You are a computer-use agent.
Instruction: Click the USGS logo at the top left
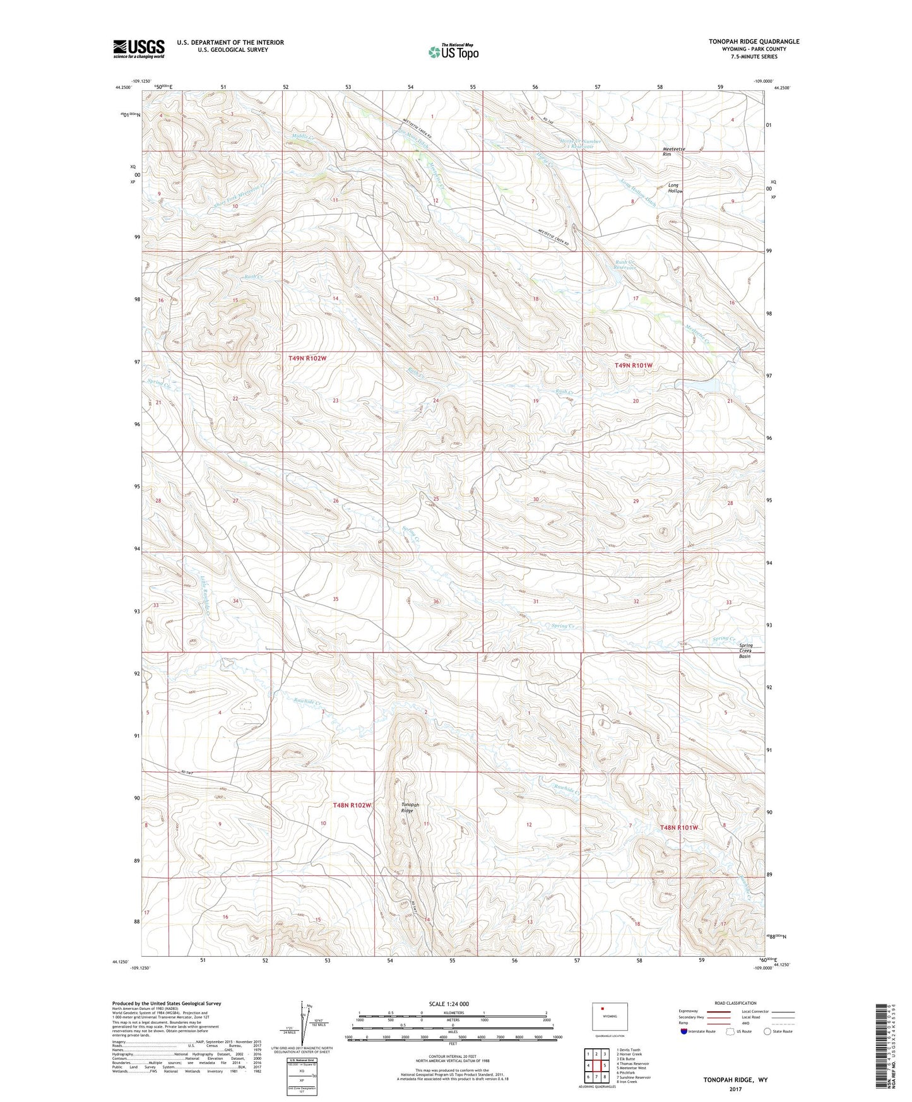[x=138, y=49]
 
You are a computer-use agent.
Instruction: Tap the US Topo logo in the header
[x=453, y=52]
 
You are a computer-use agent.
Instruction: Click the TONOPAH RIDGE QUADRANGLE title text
[x=754, y=42]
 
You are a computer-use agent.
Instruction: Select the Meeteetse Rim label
[x=674, y=151]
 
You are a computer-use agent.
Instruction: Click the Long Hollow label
[x=675, y=187]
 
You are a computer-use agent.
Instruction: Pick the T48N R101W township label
[x=679, y=827]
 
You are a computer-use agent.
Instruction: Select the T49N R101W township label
[x=634, y=365]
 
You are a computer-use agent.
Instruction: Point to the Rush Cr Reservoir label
[x=626, y=265]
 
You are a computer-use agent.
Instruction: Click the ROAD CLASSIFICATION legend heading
[x=735, y=1003]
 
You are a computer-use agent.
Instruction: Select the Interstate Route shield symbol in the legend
[x=685, y=1031]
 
